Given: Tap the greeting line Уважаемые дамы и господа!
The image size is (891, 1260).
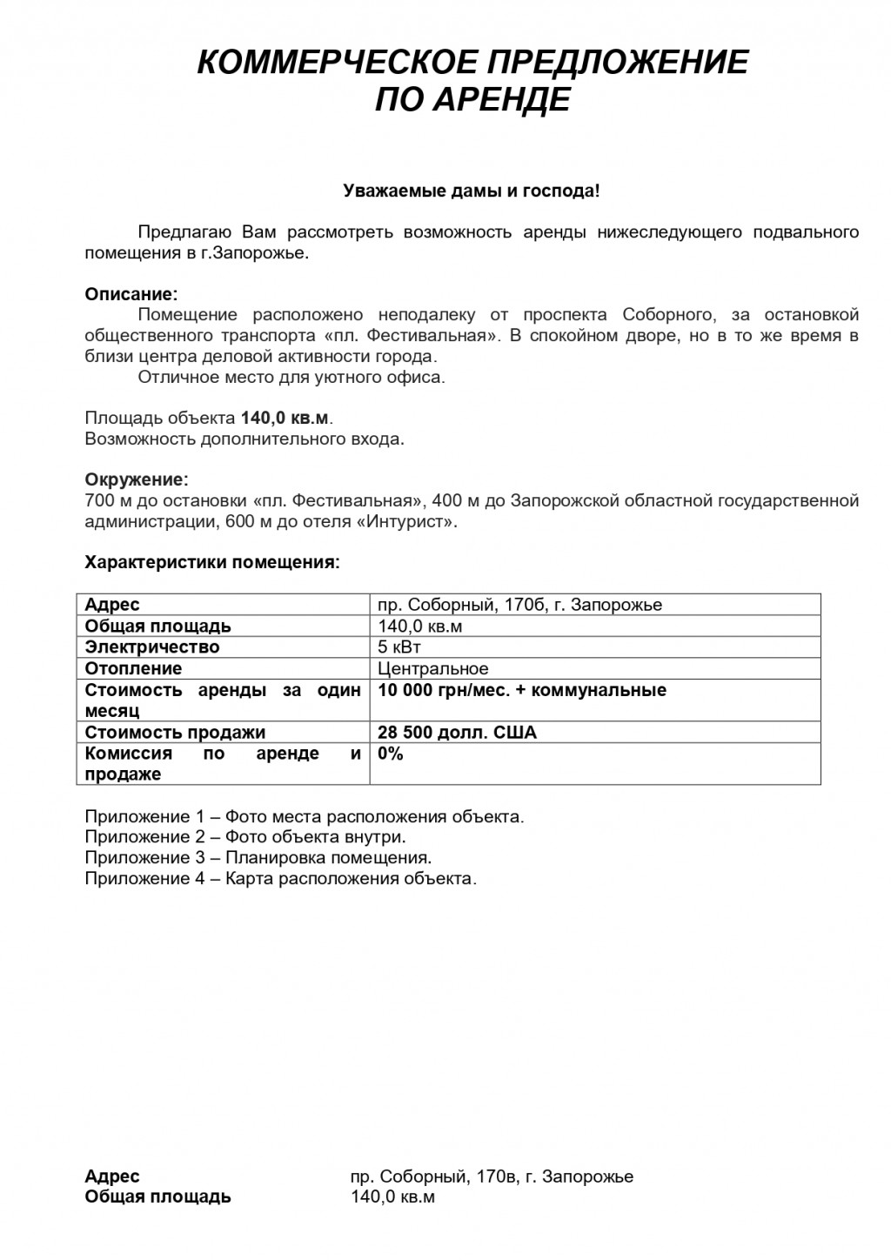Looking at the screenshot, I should click(x=471, y=190).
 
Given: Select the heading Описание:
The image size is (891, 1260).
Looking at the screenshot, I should click(x=131, y=294).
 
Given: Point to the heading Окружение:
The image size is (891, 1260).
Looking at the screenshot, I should click(x=136, y=479).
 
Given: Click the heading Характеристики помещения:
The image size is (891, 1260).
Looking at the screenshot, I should click(x=211, y=562).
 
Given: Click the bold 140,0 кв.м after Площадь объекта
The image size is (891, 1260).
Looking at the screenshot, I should click(x=286, y=418).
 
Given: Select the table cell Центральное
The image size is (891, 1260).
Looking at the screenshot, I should click(x=433, y=668).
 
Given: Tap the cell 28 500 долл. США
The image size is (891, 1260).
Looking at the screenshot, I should click(x=457, y=733).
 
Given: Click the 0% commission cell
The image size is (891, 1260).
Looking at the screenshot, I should click(x=391, y=754).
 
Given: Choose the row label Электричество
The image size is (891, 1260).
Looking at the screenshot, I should click(x=152, y=647).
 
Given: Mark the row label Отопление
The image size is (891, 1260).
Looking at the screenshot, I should click(x=133, y=668).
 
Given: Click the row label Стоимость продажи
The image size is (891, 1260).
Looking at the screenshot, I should click(x=175, y=733).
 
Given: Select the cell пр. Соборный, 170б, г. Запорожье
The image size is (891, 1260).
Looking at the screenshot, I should click(x=519, y=605).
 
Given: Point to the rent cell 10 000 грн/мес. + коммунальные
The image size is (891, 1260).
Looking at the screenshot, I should click(x=522, y=690).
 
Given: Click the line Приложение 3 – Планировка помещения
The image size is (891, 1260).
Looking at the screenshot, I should click(x=258, y=858).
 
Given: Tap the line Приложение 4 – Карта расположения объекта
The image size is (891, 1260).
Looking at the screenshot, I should click(x=280, y=879).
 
